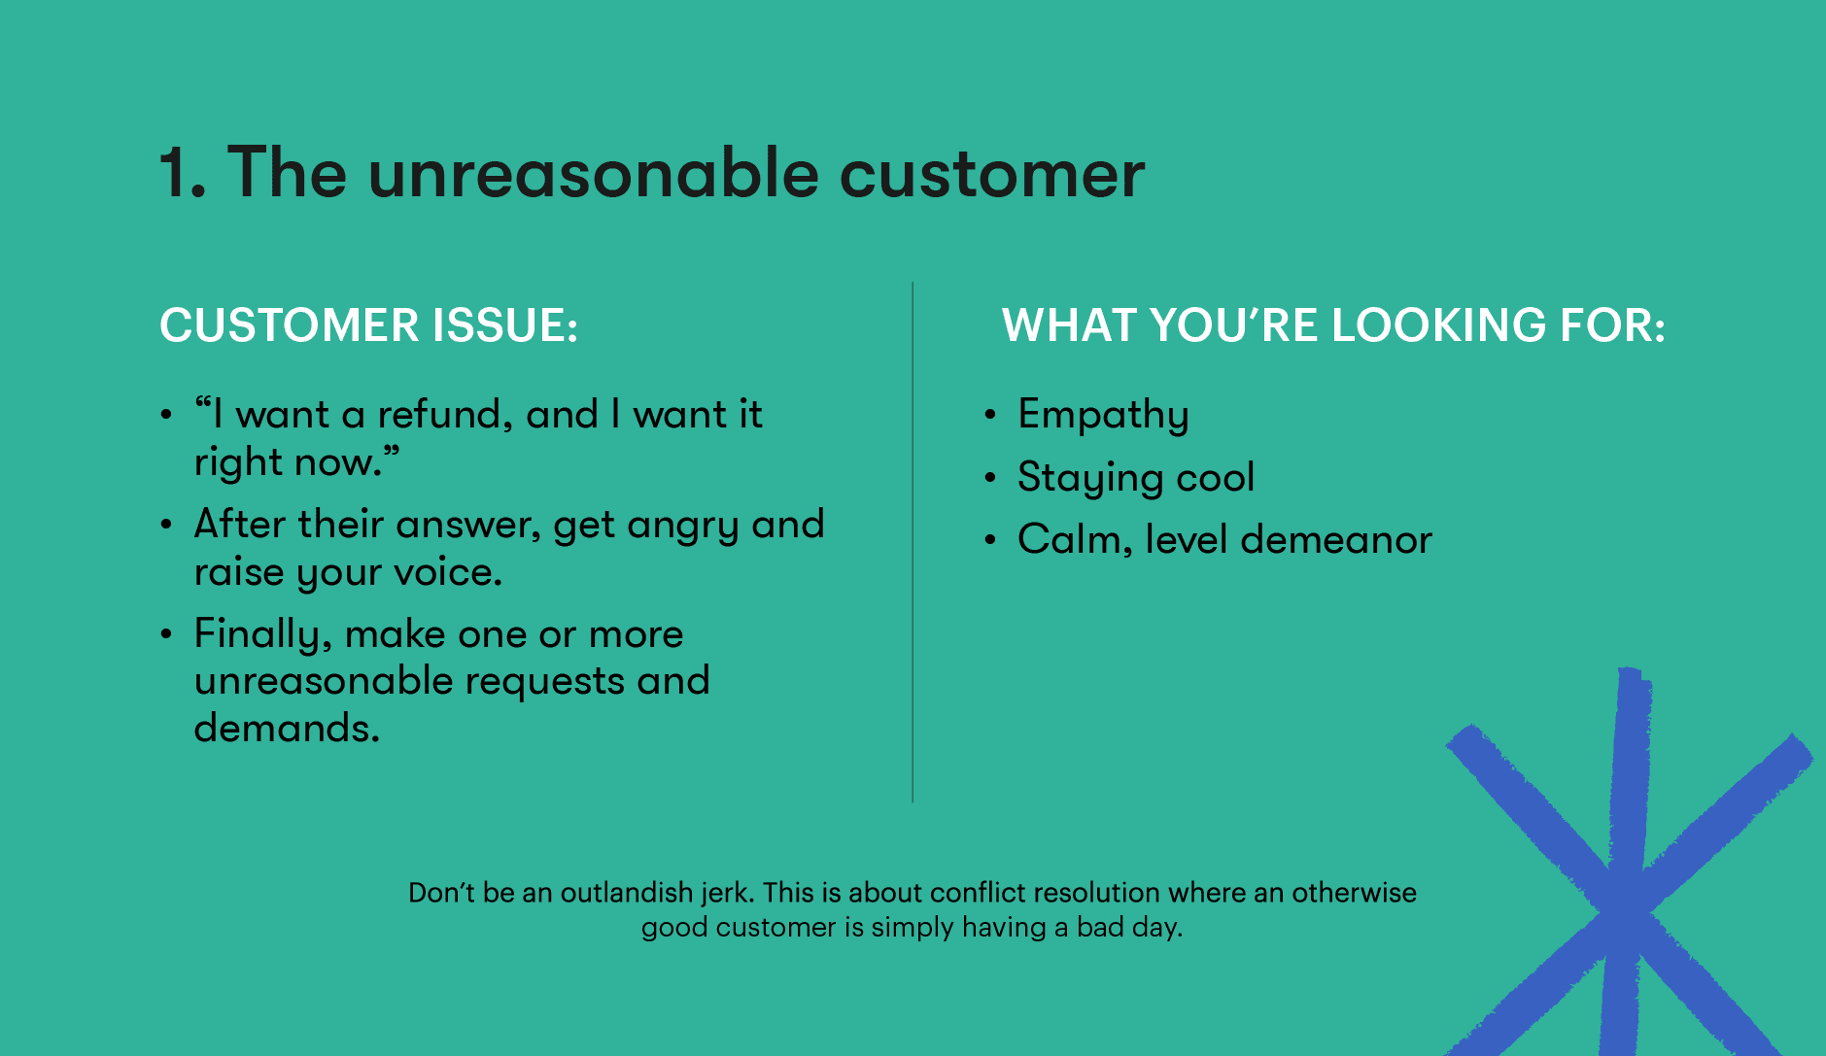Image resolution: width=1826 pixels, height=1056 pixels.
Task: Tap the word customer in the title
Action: pyautogui.click(x=991, y=174)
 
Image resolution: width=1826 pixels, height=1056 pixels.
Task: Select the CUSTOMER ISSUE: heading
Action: pyautogui.click(x=368, y=325)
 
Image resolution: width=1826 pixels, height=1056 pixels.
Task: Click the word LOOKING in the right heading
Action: pyautogui.click(x=1438, y=325)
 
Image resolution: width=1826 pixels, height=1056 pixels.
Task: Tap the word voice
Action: pyautogui.click(x=447, y=573)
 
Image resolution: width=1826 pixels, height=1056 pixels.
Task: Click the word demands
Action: pyautogui.click(x=287, y=728)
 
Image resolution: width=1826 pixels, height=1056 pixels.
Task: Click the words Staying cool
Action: pyautogui.click(x=1136, y=478)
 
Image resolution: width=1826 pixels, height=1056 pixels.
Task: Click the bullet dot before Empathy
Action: pyautogui.click(x=990, y=415)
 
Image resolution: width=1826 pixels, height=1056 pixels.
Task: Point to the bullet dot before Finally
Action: pyautogui.click(x=167, y=634)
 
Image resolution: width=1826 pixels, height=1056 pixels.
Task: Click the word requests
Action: pyautogui.click(x=545, y=682)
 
